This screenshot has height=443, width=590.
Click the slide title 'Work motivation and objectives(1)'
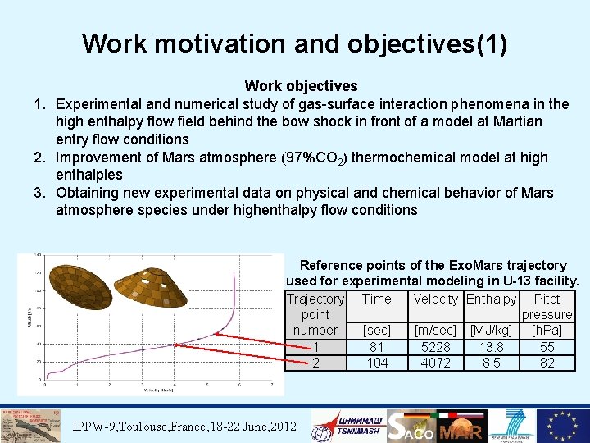click(294, 43)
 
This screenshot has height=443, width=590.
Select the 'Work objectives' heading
click(301, 86)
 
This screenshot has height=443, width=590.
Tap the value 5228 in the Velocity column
click(435, 347)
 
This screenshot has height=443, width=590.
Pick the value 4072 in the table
click(435, 363)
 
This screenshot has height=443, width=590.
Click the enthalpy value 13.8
click(491, 347)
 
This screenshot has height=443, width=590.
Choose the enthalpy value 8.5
click(491, 363)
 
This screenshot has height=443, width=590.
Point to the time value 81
click(377, 347)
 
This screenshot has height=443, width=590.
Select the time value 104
click(377, 363)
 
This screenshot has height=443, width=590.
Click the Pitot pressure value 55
click(547, 347)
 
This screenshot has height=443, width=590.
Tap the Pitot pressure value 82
click(547, 363)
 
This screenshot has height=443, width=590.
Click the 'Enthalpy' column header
click(491, 299)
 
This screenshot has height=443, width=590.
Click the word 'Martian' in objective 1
click(515, 121)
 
